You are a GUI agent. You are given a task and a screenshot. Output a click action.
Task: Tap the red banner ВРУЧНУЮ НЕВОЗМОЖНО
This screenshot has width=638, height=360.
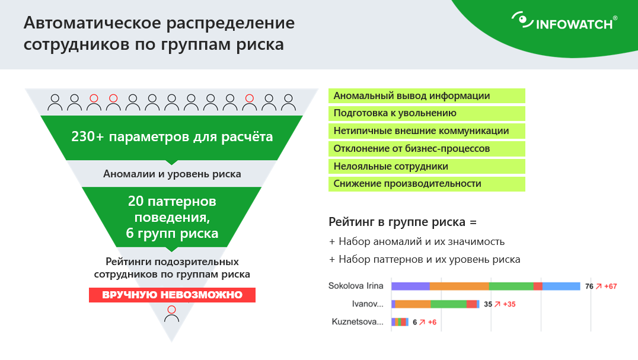[x=172, y=295]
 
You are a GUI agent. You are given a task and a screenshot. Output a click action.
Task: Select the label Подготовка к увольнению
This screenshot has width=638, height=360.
[x=395, y=113]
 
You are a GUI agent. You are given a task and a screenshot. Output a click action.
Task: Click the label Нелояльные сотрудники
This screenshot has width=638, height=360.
[x=391, y=167]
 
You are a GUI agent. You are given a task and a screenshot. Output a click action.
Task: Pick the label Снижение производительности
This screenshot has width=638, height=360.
[x=407, y=184]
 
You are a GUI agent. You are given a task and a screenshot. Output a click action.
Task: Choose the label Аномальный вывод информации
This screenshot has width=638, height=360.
[x=411, y=96]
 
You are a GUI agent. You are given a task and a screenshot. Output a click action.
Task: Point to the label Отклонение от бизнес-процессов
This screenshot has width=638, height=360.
[x=411, y=148]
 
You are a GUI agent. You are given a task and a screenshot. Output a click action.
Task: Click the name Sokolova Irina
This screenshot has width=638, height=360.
[x=356, y=286]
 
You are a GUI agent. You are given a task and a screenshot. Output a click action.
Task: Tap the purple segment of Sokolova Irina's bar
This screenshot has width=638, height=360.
[x=410, y=286]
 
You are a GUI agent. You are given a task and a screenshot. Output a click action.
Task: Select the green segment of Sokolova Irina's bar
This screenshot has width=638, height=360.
[x=511, y=286]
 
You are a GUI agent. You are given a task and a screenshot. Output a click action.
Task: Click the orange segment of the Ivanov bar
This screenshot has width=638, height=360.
[x=413, y=304]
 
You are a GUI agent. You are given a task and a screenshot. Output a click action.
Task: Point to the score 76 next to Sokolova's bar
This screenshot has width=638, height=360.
[x=589, y=286]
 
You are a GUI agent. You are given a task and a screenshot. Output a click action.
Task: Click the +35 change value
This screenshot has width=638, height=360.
[x=509, y=304]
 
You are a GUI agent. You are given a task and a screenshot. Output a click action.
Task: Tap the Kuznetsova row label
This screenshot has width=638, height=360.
[x=358, y=322]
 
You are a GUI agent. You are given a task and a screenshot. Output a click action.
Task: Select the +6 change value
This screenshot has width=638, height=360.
[x=432, y=322]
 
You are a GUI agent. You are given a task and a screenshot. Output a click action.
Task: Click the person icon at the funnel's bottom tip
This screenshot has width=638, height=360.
[x=172, y=314]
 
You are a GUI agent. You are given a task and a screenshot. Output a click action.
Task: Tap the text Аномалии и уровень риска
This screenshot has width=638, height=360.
[x=172, y=174]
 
